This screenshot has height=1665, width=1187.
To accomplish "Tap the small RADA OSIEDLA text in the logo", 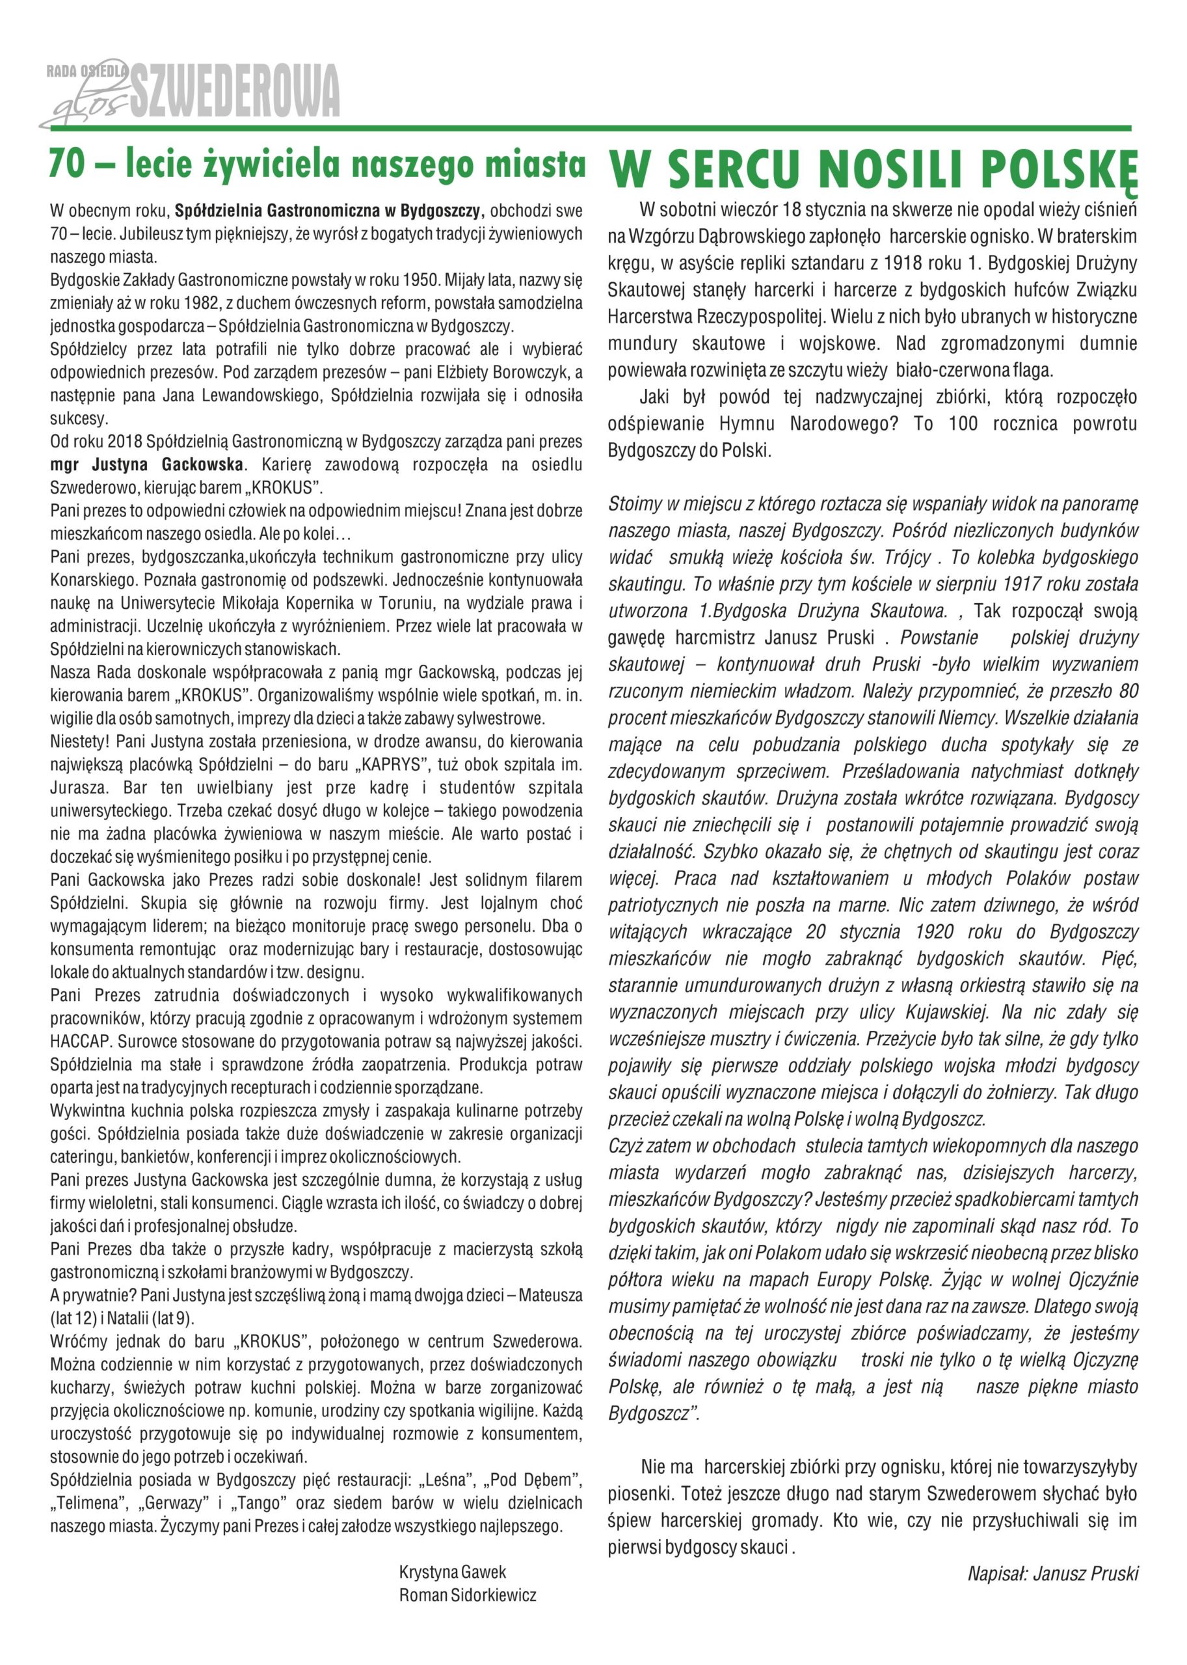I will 87,71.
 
